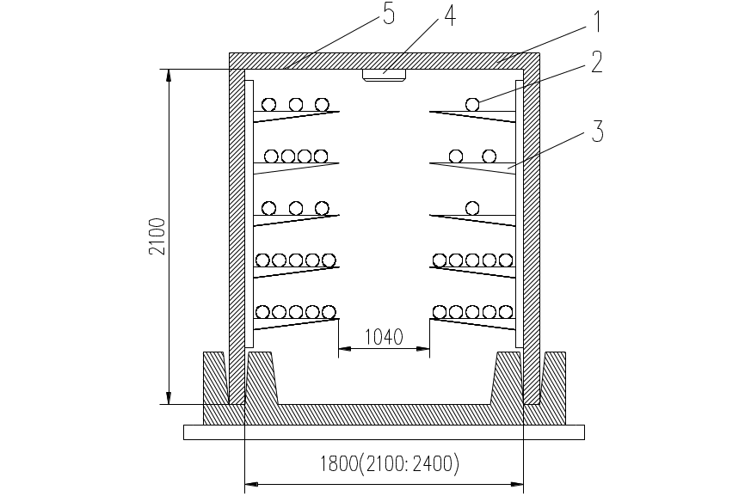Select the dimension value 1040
point(384,337)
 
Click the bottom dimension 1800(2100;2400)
point(390,464)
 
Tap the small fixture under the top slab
point(384,77)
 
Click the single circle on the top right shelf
point(472,104)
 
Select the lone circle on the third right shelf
point(471,208)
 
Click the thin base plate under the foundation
point(384,432)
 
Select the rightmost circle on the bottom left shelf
point(329,311)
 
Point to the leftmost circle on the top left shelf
point(269,104)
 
